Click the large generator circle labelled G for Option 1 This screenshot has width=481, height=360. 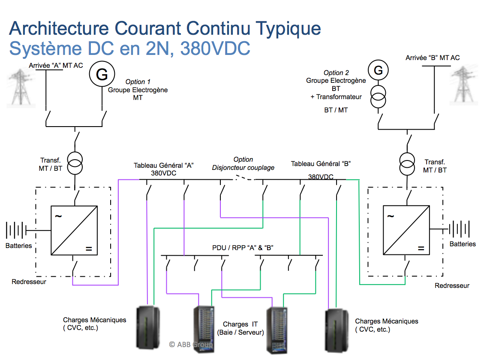102,75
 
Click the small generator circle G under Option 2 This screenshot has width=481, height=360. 378,70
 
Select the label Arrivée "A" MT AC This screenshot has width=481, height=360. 56,66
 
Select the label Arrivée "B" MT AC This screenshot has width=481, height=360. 433,57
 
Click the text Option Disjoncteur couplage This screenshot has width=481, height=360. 243,163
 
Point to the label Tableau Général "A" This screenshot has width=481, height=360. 164,165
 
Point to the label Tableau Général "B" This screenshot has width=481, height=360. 321,163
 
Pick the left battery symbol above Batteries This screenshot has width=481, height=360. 17,230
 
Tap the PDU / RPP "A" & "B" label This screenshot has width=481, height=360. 243,248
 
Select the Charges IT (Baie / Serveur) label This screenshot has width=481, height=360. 240,328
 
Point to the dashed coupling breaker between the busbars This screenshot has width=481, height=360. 243,178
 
